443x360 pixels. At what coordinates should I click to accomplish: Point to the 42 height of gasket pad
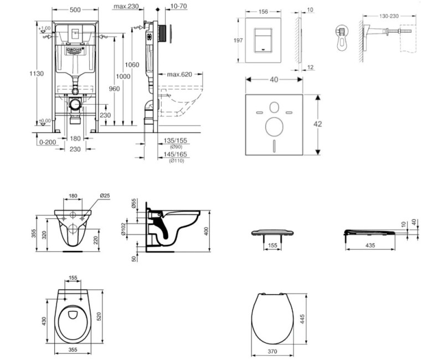coord(318,125)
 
